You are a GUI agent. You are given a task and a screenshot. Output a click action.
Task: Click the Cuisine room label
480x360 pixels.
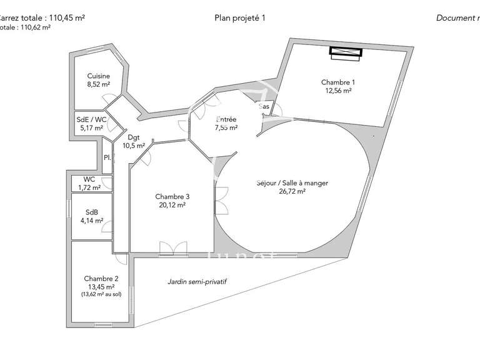[99, 76]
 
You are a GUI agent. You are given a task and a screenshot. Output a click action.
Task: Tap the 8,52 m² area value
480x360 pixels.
[99, 84]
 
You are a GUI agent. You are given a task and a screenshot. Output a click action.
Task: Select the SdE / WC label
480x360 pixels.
[91, 119]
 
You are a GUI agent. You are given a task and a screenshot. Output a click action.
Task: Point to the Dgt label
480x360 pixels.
[133, 137]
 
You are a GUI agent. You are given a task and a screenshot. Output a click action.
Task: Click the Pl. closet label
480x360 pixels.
[107, 157]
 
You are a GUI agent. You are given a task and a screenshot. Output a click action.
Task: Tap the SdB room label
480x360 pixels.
[91, 211]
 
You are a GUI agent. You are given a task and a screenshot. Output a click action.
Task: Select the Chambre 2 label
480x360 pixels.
[101, 279]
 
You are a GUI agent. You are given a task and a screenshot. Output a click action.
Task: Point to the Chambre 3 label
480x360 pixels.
[172, 196]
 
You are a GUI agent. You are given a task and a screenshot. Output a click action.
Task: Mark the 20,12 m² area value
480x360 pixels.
[172, 204]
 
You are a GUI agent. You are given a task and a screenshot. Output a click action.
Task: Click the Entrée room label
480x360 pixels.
[226, 119]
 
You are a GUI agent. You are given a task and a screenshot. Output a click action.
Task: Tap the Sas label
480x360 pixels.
[264, 107]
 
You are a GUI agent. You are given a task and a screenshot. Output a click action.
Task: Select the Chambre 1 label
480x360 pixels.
[338, 82]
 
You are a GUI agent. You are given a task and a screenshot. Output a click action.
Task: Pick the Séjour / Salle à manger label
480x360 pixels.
[292, 183]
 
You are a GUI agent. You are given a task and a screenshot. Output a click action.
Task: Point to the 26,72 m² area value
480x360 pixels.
[292, 192]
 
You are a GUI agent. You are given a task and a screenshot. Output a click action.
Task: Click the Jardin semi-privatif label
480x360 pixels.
[197, 282]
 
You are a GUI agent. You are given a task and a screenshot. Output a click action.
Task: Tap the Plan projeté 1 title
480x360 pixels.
[240, 18]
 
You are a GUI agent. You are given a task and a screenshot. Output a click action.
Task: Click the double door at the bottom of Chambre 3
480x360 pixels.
[172, 248]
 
